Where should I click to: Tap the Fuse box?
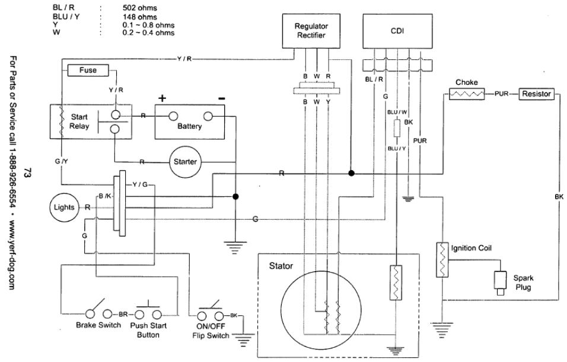(x=88, y=71)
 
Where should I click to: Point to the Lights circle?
(x=63, y=207)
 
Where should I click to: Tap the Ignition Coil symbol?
(x=442, y=259)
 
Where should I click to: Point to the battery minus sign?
(x=221, y=97)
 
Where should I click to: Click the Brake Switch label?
(x=98, y=325)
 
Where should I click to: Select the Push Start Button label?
(x=149, y=330)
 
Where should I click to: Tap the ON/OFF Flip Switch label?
(x=211, y=330)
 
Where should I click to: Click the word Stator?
(x=281, y=266)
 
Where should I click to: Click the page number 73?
(x=26, y=173)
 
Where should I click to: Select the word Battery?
(x=189, y=126)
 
